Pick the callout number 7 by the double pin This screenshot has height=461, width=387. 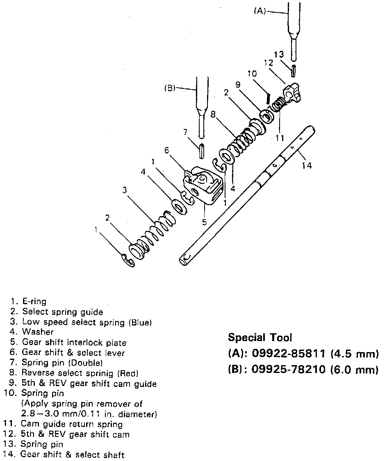click(x=185, y=132)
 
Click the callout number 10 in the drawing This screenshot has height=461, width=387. click(x=252, y=74)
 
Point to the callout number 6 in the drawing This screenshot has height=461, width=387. click(x=167, y=150)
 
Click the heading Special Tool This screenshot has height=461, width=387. click(x=260, y=338)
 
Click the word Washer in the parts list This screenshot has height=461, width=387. click(x=38, y=332)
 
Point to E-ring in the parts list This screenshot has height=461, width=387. click(x=34, y=302)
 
